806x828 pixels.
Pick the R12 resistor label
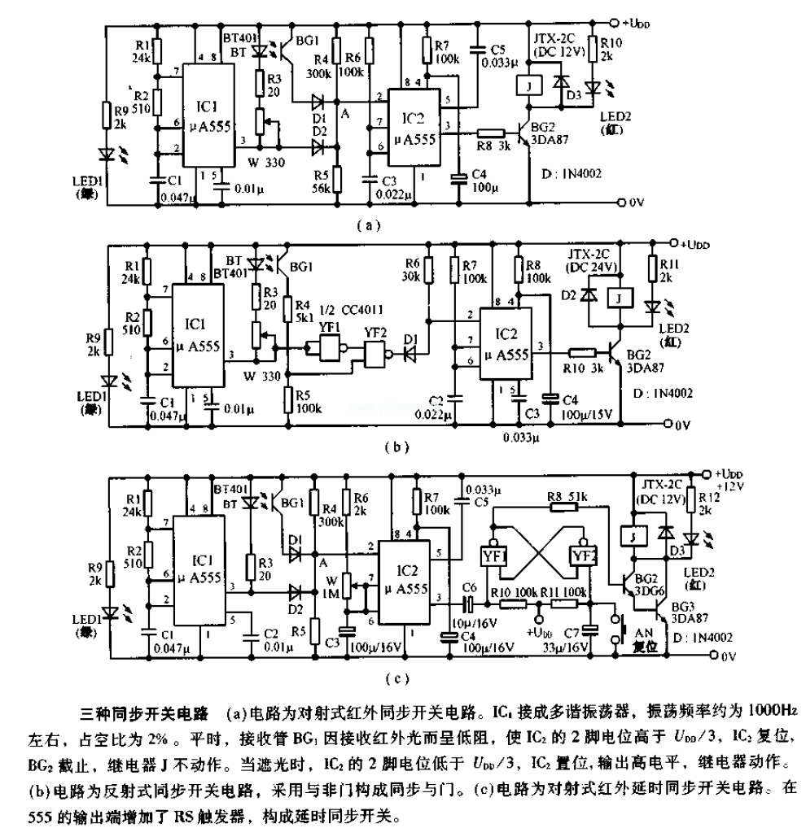coord(703,502)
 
